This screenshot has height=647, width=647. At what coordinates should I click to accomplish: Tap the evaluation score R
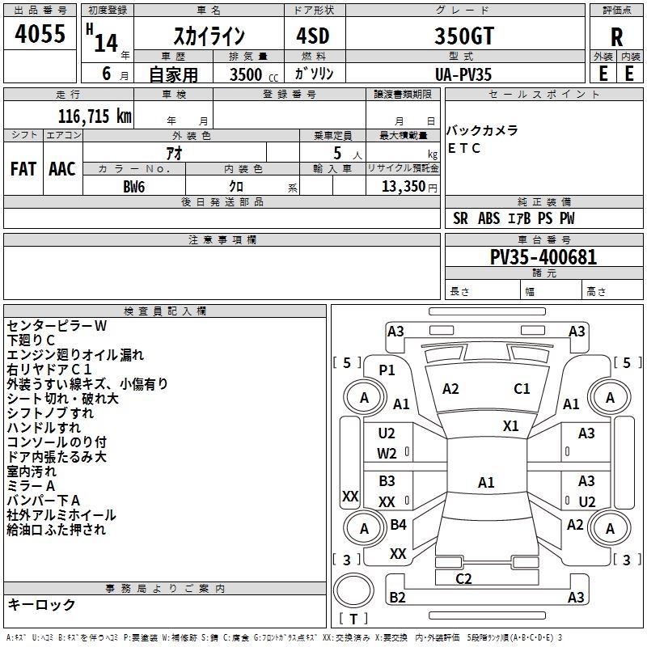pyautogui.click(x=617, y=37)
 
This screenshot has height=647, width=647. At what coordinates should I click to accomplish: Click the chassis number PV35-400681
pyautogui.click(x=543, y=257)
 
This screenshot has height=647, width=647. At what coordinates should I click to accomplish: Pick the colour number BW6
pyautogui.click(x=134, y=187)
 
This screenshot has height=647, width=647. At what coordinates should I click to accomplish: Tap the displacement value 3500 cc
pyautogui.click(x=252, y=74)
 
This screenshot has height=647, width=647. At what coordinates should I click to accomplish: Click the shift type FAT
pyautogui.click(x=23, y=169)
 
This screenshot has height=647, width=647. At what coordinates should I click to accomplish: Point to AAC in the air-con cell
pyautogui.click(x=62, y=169)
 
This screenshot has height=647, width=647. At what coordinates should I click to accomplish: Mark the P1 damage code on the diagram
pyautogui.click(x=387, y=370)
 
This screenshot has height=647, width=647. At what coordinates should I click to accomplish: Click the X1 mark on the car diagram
pyautogui.click(x=511, y=425)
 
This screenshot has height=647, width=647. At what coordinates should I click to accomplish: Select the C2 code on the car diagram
pyautogui.click(x=463, y=578)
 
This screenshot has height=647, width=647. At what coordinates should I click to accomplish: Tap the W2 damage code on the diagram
pyautogui.click(x=387, y=454)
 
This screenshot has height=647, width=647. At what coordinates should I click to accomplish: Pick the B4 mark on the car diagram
pyautogui.click(x=398, y=525)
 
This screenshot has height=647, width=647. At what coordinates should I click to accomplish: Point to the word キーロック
pyautogui.click(x=41, y=604)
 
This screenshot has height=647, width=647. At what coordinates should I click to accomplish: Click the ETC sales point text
pyautogui.click(x=464, y=148)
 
